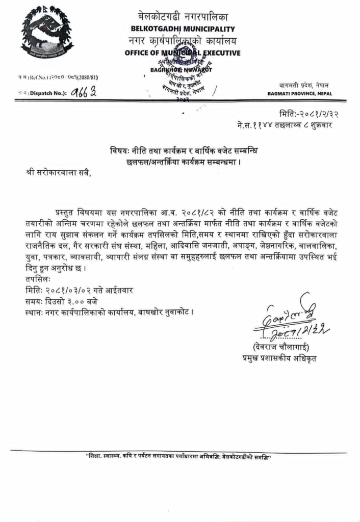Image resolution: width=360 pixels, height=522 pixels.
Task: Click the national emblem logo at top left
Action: tap(47, 35)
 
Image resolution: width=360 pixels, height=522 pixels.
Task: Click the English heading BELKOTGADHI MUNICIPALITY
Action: tap(183, 29)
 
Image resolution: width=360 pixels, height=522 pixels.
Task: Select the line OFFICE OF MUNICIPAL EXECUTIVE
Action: tap(183, 53)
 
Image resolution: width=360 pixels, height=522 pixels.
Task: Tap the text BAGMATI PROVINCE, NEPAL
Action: tap(300, 94)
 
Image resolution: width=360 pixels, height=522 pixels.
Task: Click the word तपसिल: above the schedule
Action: tap(37, 280)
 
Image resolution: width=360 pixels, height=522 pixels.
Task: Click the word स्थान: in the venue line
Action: tap(36, 311)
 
